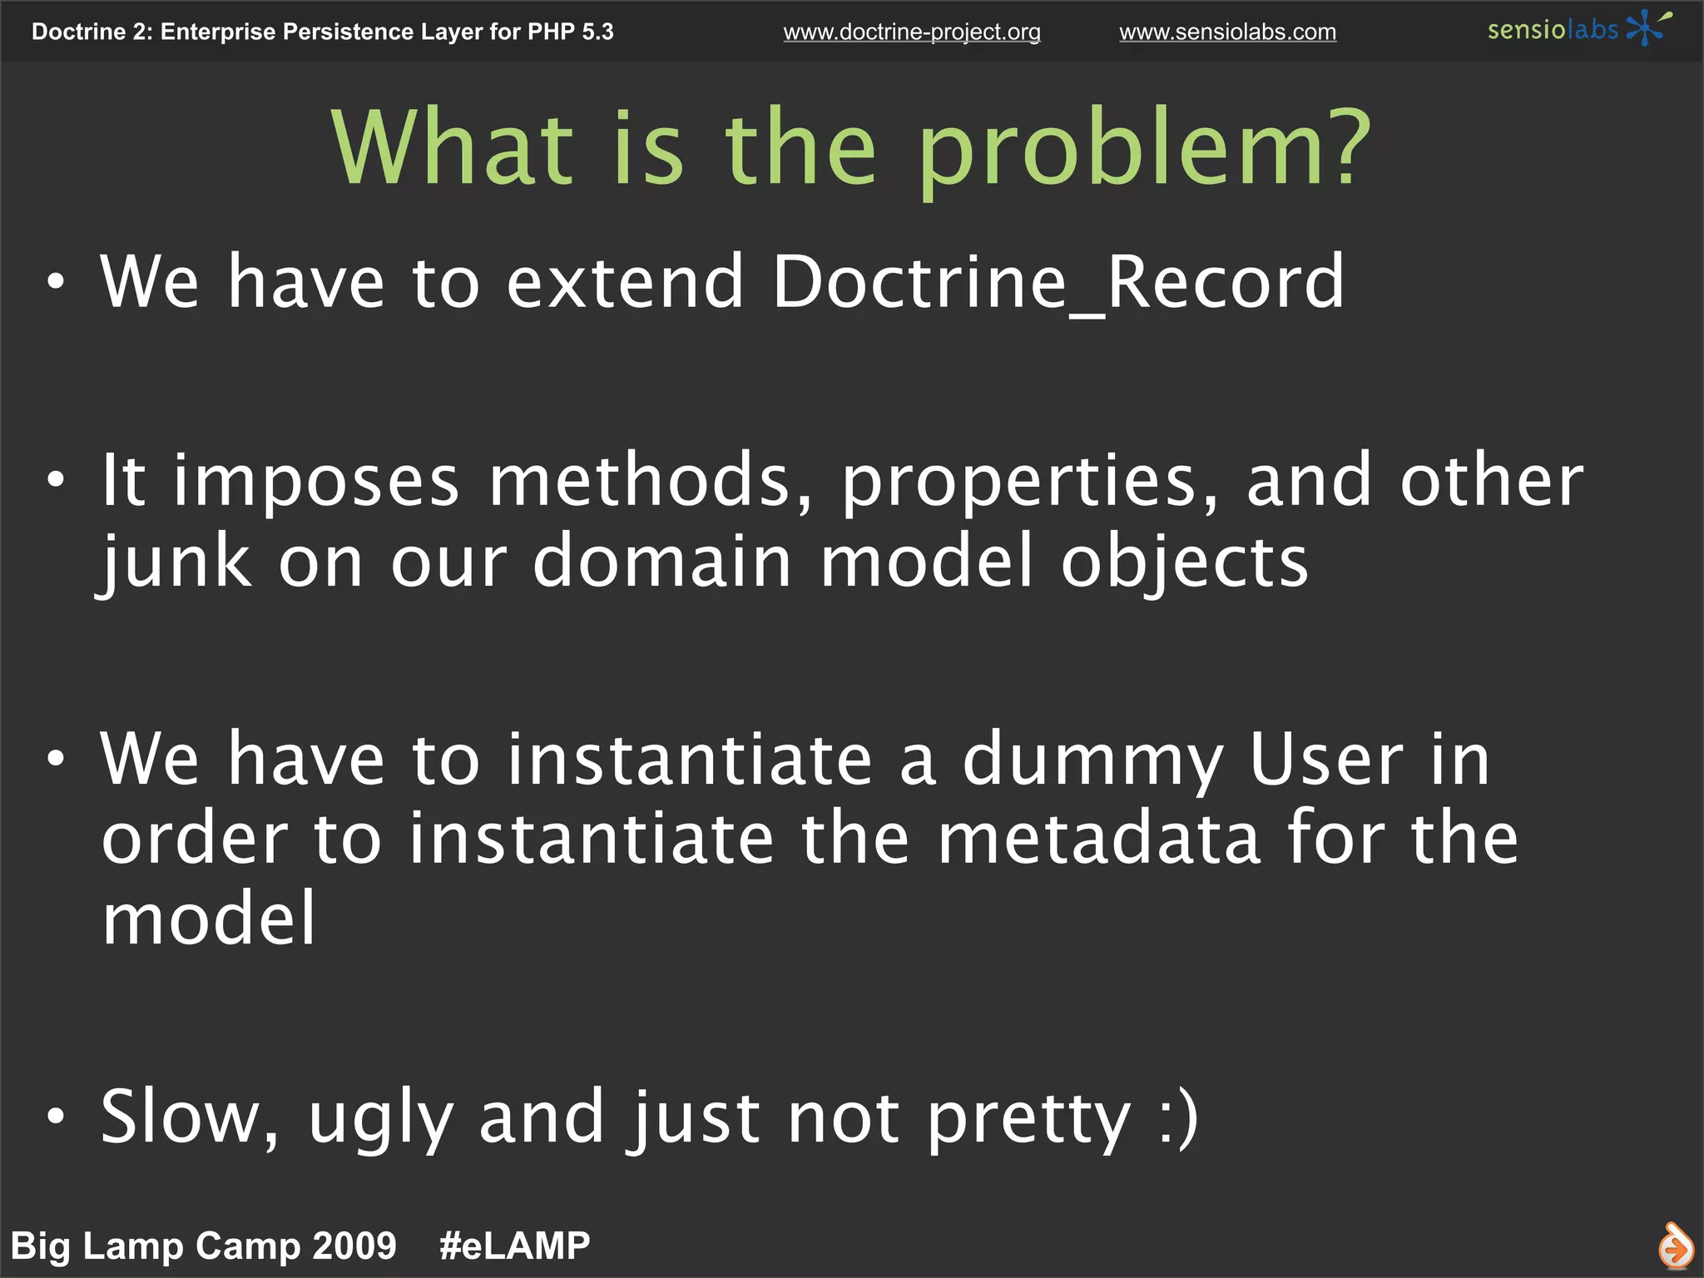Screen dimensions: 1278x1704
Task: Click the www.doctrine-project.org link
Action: [x=911, y=32]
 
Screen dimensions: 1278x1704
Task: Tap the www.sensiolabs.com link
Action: [x=1227, y=32]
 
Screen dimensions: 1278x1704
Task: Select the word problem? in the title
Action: [x=1145, y=149]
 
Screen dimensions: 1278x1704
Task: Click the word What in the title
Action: [x=453, y=149]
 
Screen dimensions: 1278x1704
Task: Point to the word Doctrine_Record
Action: [x=1058, y=283]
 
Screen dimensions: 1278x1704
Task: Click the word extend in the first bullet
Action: [x=625, y=283]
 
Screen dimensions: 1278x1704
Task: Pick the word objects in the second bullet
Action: [x=1185, y=562]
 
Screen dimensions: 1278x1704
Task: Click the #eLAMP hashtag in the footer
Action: [x=515, y=1246]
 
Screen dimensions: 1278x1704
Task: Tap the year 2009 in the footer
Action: [x=356, y=1246]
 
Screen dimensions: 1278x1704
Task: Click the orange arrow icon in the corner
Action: [x=1675, y=1246]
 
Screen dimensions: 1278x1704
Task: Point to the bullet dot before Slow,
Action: [x=55, y=1117]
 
